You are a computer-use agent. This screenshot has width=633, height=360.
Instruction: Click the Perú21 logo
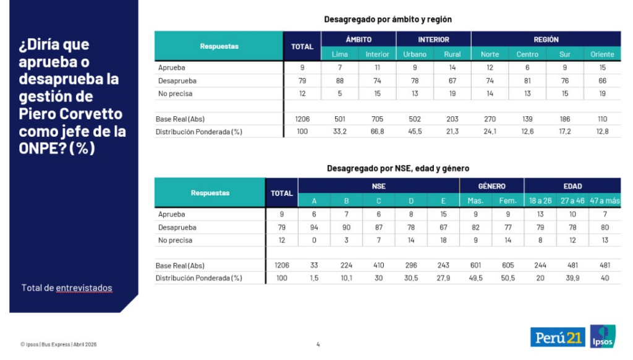[558, 337]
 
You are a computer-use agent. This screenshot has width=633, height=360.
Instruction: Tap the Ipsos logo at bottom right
[603, 336]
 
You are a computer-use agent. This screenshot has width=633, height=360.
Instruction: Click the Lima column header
[340, 54]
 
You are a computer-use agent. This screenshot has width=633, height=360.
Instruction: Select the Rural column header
[452, 54]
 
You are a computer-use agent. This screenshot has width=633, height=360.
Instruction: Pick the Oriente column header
[602, 54]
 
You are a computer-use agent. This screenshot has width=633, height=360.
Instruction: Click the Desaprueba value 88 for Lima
[340, 81]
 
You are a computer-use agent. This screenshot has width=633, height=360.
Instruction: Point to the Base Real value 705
[377, 119]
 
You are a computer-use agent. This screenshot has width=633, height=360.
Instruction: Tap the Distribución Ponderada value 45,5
[415, 132]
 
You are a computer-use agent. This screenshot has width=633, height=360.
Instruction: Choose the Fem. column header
[508, 200]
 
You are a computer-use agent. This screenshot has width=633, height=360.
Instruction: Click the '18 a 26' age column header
[540, 200]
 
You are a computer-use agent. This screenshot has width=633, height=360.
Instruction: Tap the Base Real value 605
[508, 265]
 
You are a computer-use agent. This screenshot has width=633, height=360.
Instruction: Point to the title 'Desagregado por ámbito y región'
[388, 20]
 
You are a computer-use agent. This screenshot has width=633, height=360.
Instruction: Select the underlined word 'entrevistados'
[84, 288]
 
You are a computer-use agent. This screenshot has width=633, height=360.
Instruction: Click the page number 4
[318, 345]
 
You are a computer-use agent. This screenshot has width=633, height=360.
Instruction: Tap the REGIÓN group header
[546, 40]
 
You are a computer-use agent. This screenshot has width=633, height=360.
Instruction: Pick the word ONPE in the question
[38, 148]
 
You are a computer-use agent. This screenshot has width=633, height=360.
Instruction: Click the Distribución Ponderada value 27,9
[444, 278]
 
